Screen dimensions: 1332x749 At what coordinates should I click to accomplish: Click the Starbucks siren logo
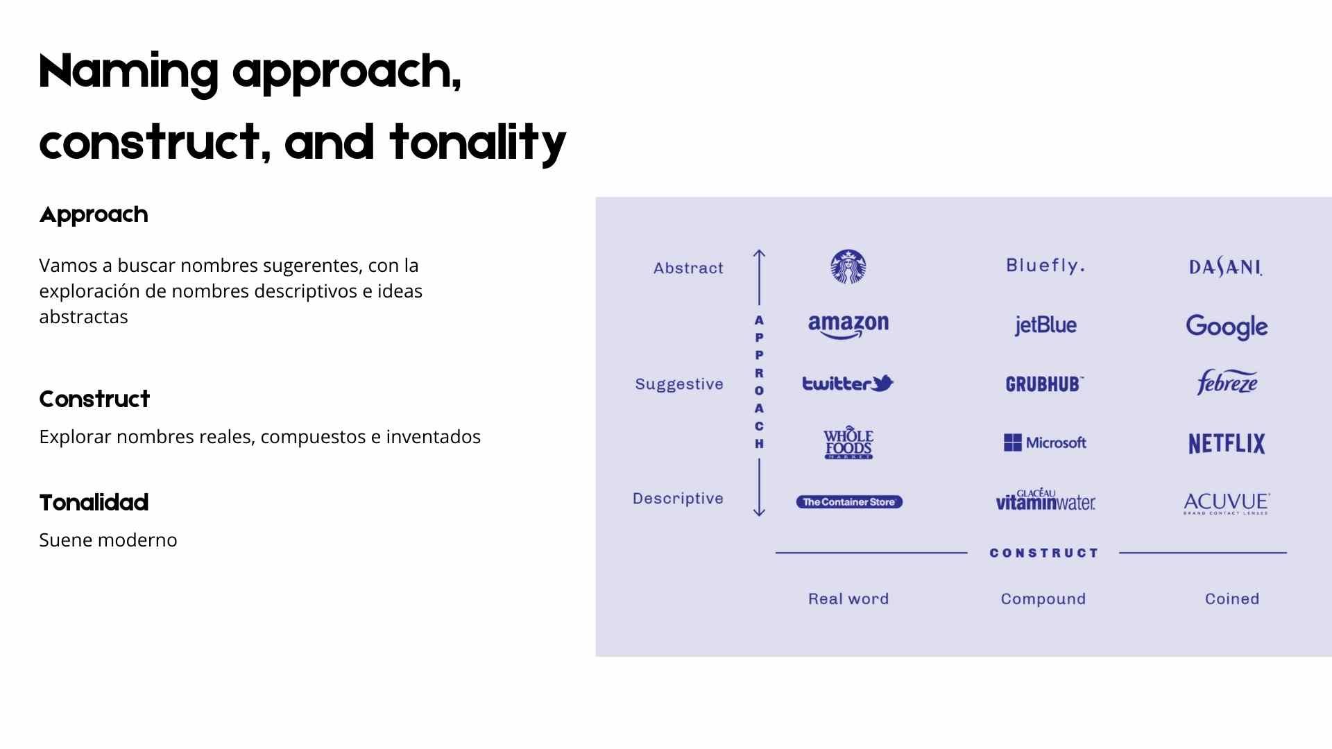[848, 267]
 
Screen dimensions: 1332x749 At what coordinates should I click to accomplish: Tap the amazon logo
[848, 326]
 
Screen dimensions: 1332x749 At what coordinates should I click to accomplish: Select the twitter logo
[848, 384]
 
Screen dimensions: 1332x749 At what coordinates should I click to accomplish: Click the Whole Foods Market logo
[848, 443]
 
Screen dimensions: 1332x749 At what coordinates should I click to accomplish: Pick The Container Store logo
[849, 502]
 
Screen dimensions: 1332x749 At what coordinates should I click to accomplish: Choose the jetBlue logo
[1045, 325]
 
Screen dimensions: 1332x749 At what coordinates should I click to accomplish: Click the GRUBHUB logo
[1045, 384]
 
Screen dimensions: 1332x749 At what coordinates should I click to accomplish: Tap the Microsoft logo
[1045, 442]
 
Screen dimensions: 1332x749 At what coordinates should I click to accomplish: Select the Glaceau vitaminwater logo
[1045, 499]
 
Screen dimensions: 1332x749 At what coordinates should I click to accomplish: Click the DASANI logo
[1226, 268]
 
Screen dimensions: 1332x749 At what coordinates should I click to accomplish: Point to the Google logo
[1227, 327]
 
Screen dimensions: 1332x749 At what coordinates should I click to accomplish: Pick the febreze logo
[1227, 382]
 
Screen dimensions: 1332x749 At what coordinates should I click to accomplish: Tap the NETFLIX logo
[1227, 444]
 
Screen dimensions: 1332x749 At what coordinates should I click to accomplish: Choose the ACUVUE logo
[1227, 503]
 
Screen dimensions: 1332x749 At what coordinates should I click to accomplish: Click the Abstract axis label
[688, 268]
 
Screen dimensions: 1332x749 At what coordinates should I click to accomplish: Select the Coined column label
[1232, 599]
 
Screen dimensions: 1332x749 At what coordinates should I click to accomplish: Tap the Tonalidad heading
[94, 503]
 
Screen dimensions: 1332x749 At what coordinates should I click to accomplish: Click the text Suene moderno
[108, 540]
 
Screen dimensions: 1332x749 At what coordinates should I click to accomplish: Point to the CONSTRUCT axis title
[1044, 553]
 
